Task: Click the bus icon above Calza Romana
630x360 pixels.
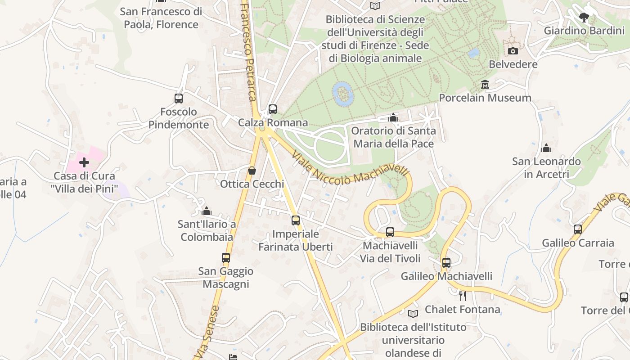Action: [272, 109]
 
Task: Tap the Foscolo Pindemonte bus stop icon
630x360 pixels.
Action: [179, 98]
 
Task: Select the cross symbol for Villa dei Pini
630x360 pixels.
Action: [84, 162]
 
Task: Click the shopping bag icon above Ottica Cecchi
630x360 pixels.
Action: [252, 171]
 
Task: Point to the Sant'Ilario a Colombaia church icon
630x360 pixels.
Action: [207, 211]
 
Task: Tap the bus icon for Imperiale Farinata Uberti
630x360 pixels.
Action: [296, 220]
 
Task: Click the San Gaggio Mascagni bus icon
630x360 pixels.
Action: [226, 258]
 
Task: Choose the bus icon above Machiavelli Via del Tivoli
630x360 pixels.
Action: [390, 232]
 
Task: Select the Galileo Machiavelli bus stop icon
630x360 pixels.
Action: [446, 263]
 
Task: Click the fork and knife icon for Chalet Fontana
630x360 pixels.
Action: [462, 296]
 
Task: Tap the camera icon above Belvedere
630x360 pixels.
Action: [513, 51]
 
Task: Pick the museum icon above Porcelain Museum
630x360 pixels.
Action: [485, 84]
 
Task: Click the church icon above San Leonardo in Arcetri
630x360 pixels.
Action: [546, 148]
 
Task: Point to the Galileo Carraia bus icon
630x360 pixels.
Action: [578, 229]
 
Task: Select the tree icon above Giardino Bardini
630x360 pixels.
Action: [584, 18]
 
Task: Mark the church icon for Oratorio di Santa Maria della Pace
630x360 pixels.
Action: [393, 117]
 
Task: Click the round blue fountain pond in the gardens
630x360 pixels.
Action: [343, 94]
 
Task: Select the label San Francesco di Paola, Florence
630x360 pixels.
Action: [161, 18]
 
